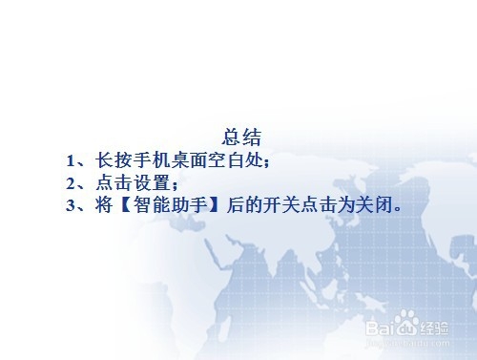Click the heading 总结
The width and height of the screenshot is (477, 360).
pyautogui.click(x=240, y=136)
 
